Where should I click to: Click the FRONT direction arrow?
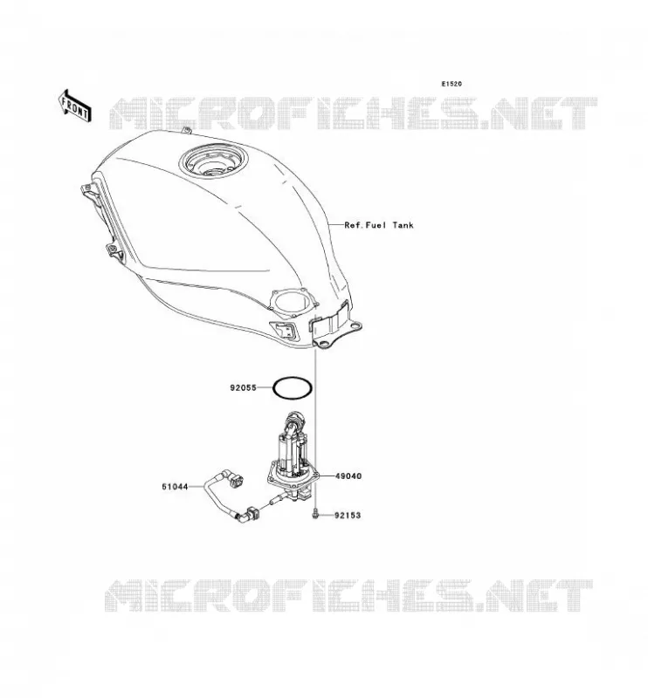coord(75,106)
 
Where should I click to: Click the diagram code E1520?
coord(452,84)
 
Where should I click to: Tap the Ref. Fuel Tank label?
coord(379,225)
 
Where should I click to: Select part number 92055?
coord(244,387)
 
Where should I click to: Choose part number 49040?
coord(348,476)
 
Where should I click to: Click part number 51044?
coord(175,487)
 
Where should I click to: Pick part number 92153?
coord(348,516)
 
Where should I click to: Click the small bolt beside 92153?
coord(315,514)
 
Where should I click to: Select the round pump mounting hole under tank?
coord(293,303)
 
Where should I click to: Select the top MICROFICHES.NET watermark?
coord(353,113)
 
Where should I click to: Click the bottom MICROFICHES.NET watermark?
coord(349,595)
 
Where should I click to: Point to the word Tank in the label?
coord(403,225)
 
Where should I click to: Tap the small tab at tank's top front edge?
coord(187,130)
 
